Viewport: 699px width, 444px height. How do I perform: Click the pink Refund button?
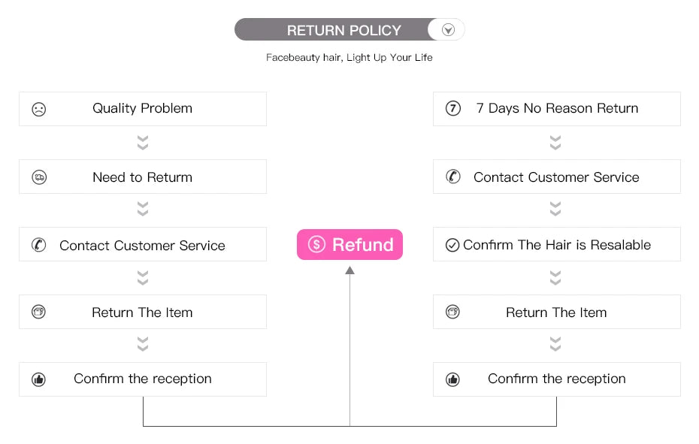point(350,244)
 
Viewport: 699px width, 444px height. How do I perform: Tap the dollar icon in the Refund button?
point(316,244)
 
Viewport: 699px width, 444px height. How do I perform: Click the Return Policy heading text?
point(343,30)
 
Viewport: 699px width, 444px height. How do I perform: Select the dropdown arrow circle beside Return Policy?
point(448,30)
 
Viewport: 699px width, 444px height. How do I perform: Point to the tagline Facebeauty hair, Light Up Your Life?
point(349,58)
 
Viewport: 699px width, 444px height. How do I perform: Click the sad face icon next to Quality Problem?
point(39,109)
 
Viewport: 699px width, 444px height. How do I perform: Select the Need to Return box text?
point(142,177)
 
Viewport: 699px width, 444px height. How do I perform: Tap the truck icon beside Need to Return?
point(39,177)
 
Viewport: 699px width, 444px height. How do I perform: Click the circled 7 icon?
point(453,108)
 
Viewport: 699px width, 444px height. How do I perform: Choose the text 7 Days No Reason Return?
point(557,108)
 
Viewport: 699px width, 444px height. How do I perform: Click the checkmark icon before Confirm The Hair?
point(452,245)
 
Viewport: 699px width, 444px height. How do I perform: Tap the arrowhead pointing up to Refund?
point(350,270)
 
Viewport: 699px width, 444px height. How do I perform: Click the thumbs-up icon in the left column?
point(39,379)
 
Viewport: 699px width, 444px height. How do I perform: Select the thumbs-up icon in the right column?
point(453,379)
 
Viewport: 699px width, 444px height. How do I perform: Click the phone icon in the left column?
point(39,245)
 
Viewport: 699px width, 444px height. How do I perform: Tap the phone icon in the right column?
point(453,177)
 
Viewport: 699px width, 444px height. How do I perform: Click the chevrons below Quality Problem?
point(143,142)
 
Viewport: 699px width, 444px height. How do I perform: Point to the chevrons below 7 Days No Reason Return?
point(555,142)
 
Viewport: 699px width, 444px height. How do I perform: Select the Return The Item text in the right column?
point(556,313)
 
